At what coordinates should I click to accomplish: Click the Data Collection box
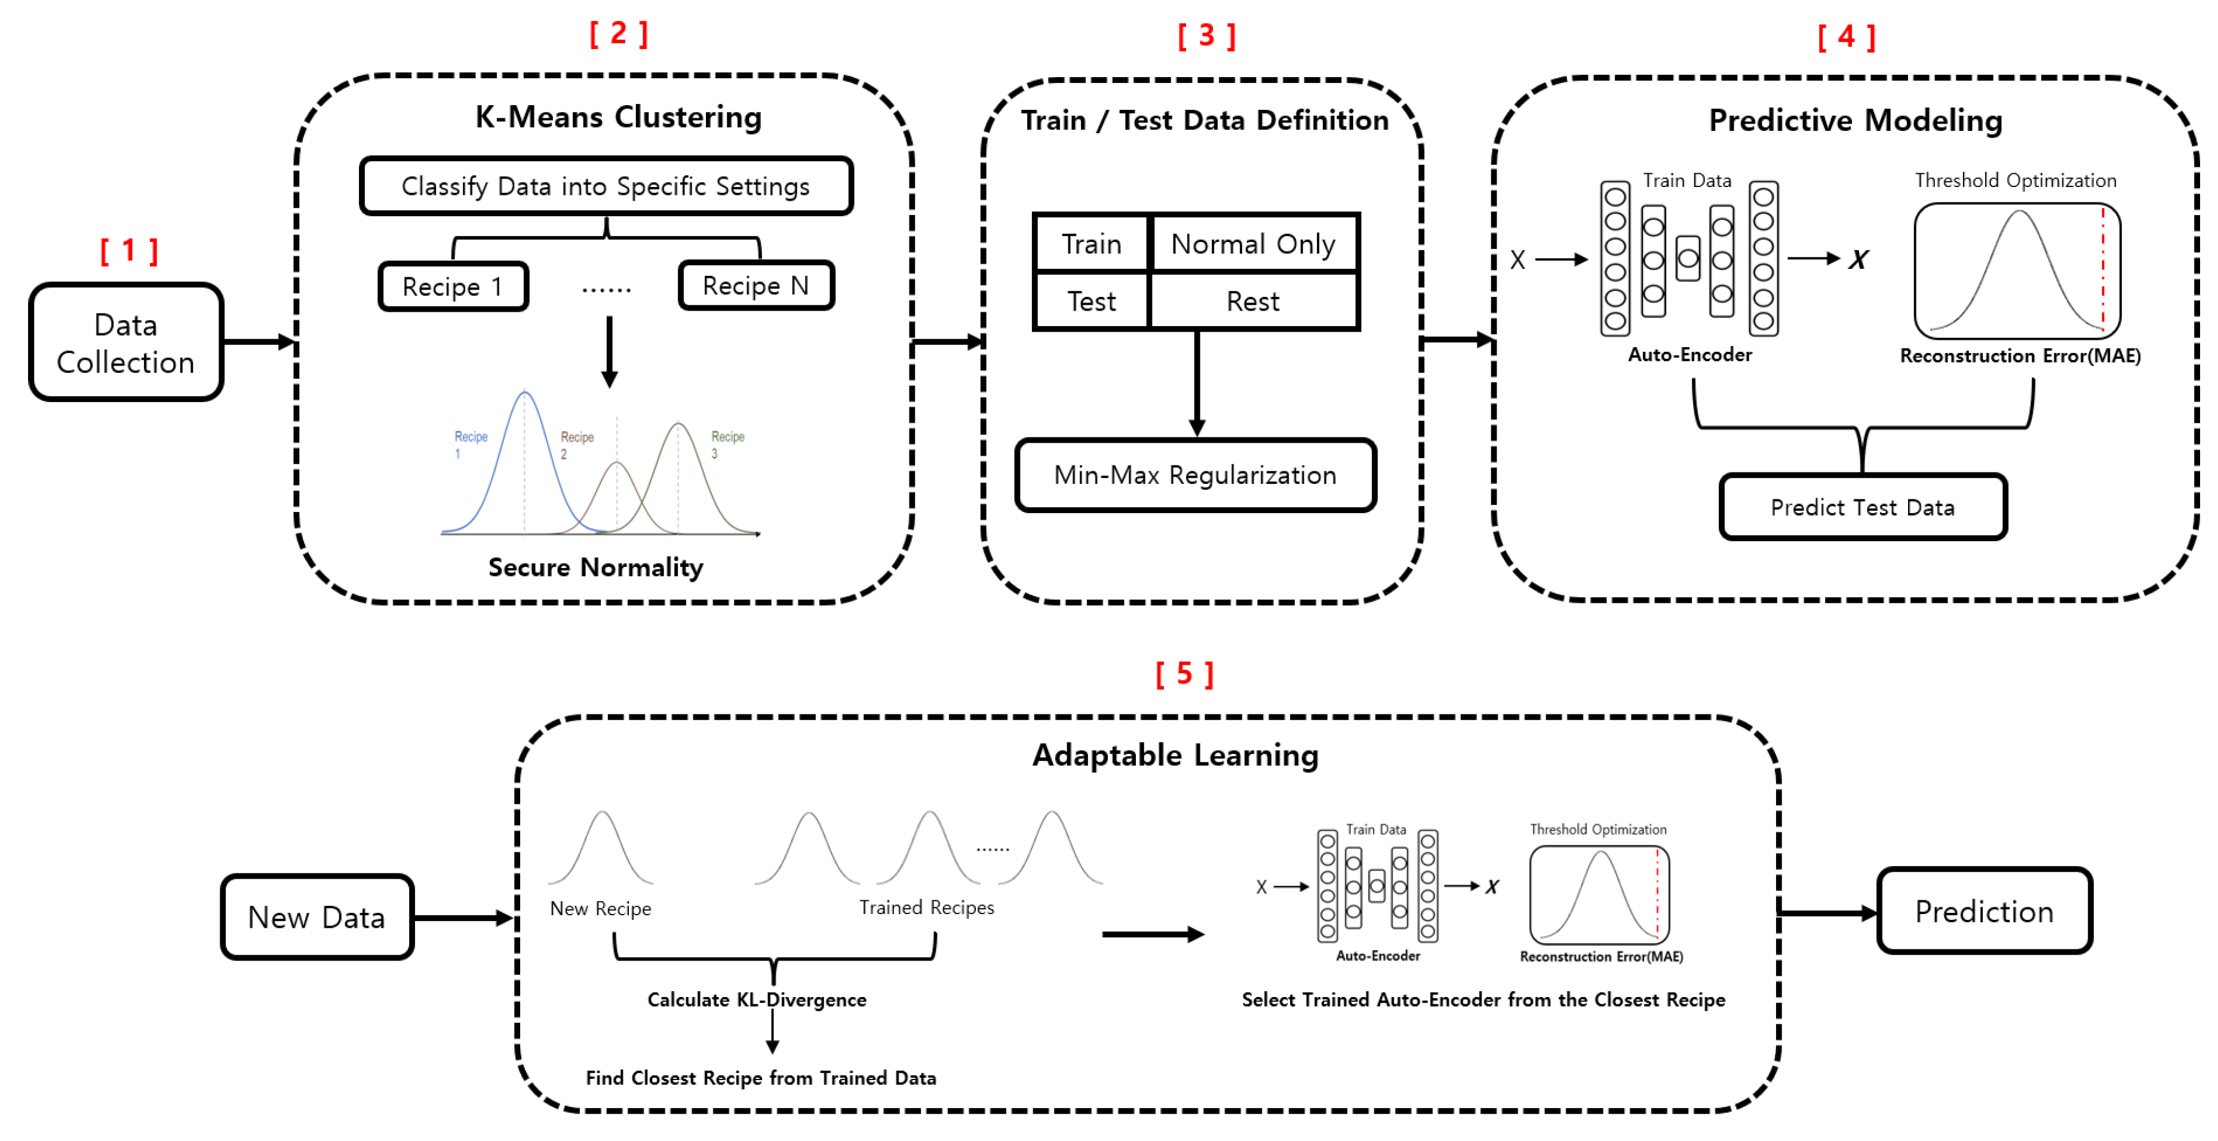[x=125, y=343]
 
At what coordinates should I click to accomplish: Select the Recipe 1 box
[x=453, y=287]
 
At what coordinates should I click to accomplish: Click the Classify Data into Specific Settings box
[x=606, y=186]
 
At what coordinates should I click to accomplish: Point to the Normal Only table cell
[x=1253, y=244]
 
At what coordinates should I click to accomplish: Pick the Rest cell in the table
[x=1253, y=302]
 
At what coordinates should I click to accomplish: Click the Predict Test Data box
[x=1863, y=507]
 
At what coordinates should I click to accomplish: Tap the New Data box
[x=317, y=917]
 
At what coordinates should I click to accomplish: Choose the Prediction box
[x=1984, y=911]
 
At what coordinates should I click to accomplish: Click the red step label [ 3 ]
[x=1206, y=36]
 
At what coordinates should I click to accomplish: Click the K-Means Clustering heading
[x=618, y=117]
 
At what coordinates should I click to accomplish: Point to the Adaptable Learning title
[x=1175, y=755]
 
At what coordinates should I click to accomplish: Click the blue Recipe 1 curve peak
[x=524, y=394]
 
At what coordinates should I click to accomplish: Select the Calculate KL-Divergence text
[x=757, y=1000]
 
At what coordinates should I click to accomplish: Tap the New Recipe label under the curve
[x=600, y=909]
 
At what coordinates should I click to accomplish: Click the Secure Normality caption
[x=596, y=568]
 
